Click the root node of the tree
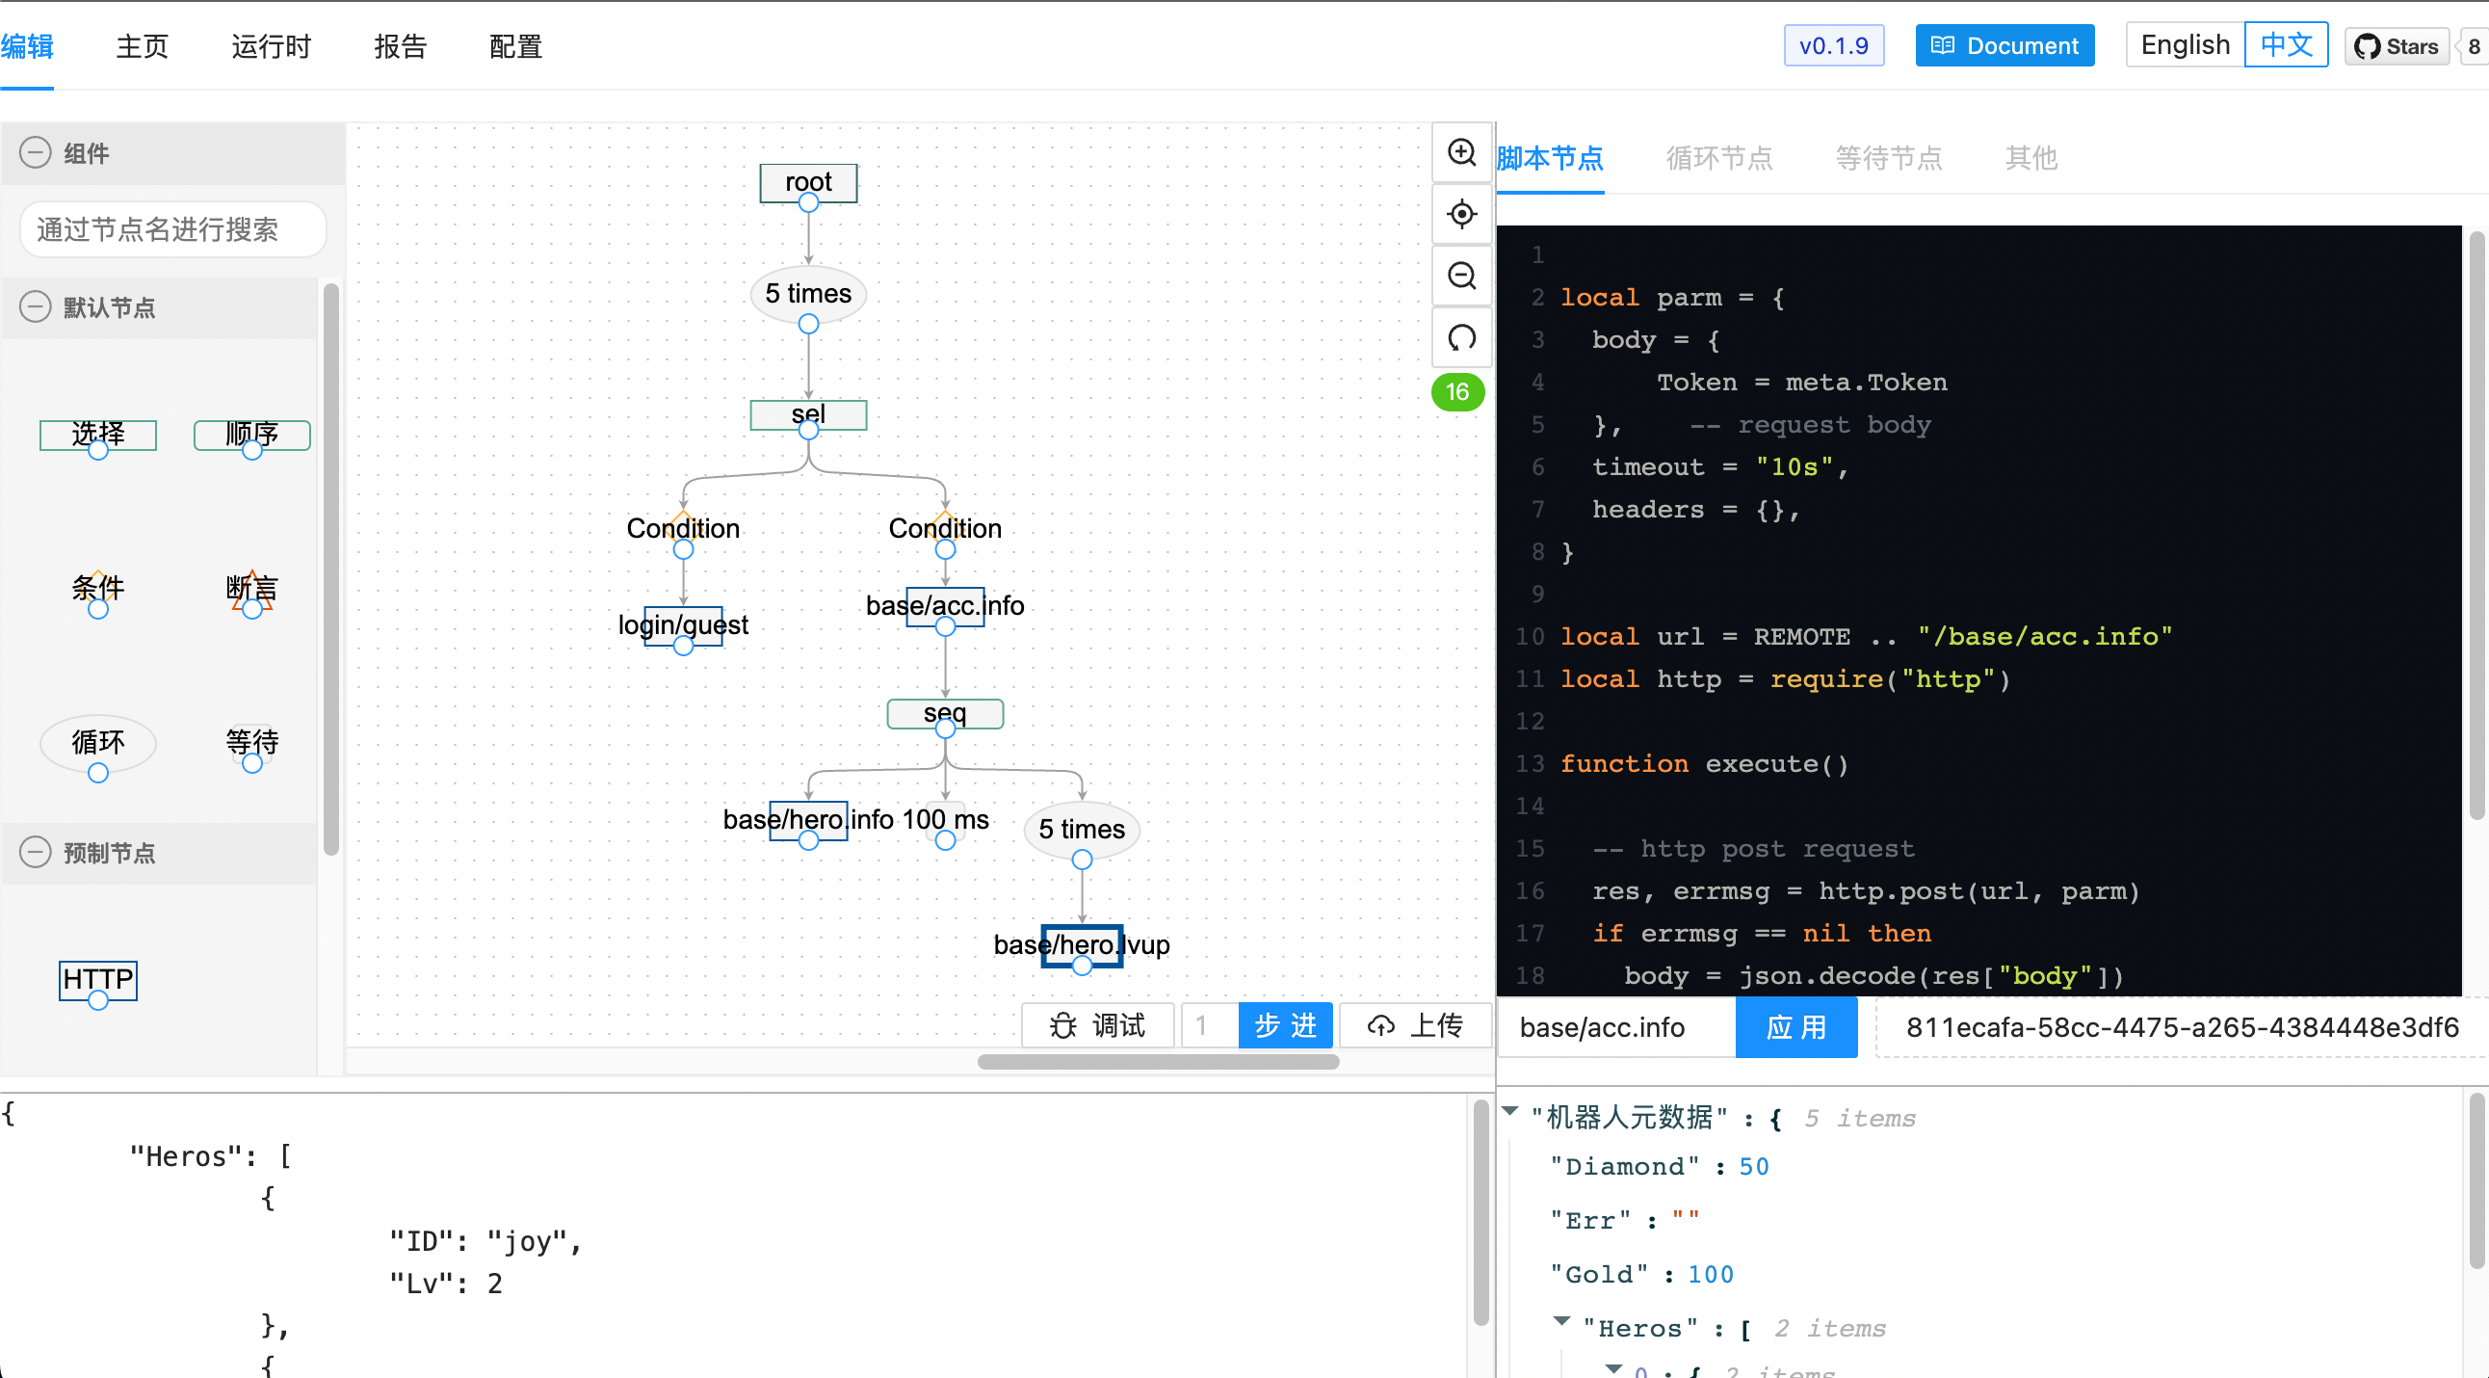pos(808,183)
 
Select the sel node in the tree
pos(808,414)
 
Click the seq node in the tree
pos(945,713)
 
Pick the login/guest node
pos(683,625)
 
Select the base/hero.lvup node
pos(1081,944)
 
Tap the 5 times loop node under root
pos(808,294)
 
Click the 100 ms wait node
pos(945,819)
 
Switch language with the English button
pos(2185,45)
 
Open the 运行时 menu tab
pos(271,46)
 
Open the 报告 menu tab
pos(400,46)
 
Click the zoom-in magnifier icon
pos(1461,152)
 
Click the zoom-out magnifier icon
pos(1461,277)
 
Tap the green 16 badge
pos(1457,391)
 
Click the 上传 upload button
pos(1415,1025)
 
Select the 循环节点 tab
pos(1719,157)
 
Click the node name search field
pos(173,229)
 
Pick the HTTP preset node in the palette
pos(97,980)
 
